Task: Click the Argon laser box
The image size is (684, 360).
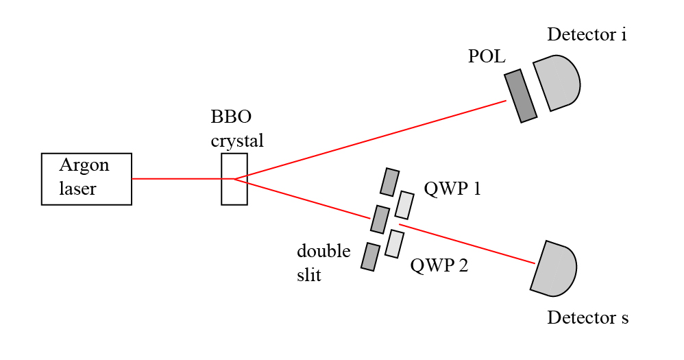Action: pyautogui.click(x=86, y=179)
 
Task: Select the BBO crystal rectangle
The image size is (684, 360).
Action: pyautogui.click(x=234, y=179)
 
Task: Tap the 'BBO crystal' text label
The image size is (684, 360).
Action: pyautogui.click(x=236, y=129)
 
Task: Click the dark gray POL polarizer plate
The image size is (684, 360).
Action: pyautogui.click(x=521, y=96)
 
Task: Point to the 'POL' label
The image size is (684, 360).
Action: pyautogui.click(x=487, y=57)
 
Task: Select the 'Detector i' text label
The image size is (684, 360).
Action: pyautogui.click(x=587, y=34)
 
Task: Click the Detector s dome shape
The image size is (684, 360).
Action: pyautogui.click(x=554, y=268)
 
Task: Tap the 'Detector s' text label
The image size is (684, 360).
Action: pyautogui.click(x=587, y=318)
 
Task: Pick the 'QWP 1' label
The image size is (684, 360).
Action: pyautogui.click(x=452, y=189)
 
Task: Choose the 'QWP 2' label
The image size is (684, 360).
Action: pyautogui.click(x=439, y=265)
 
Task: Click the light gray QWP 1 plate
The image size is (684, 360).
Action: pyautogui.click(x=405, y=204)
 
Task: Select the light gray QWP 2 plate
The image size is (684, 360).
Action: pyautogui.click(x=394, y=243)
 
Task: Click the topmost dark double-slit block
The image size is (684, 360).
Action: pyautogui.click(x=390, y=182)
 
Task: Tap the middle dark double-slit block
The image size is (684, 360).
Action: pyautogui.click(x=380, y=219)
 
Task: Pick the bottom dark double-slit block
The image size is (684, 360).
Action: pyautogui.click(x=371, y=256)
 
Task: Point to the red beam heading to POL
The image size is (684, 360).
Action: pyautogui.click(x=370, y=140)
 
